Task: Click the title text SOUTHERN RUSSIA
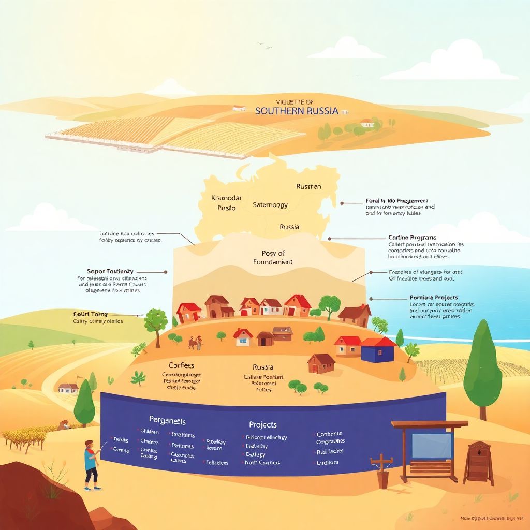(297, 111)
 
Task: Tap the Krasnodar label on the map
(227, 198)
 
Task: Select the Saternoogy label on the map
(270, 204)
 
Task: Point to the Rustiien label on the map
(308, 186)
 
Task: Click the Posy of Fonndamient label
(273, 258)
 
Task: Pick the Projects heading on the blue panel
(263, 424)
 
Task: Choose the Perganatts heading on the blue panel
(167, 421)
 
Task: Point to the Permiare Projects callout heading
(434, 298)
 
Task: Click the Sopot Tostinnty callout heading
(110, 271)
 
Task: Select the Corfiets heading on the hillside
(181, 365)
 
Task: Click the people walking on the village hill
(195, 342)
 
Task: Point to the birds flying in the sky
(264, 46)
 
